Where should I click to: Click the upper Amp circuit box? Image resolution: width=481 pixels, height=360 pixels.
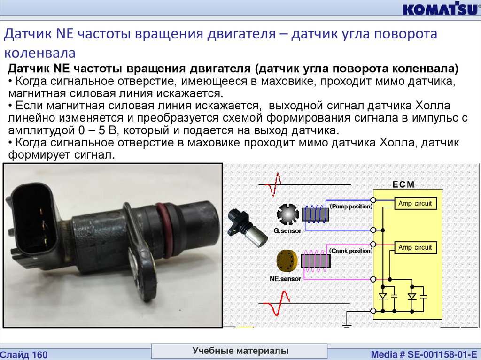pos(415,204)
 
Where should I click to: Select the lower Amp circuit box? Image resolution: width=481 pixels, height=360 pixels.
pos(415,247)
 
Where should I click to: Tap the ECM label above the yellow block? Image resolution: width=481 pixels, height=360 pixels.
pos(403,184)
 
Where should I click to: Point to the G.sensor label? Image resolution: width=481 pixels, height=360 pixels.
pos(287,230)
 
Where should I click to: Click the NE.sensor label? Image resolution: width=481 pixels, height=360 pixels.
pos(285,279)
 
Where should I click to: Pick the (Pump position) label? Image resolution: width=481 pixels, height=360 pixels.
pos(351,207)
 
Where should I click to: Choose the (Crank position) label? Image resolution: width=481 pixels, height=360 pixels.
pos(351,251)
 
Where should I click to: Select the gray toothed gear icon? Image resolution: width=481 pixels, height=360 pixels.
pos(287,214)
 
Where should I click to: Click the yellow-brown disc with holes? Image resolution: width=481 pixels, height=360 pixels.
pos(287,260)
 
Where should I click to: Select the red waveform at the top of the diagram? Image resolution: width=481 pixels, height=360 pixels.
pos(273,184)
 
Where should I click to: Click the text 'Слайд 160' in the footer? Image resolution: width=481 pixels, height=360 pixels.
pos(24,355)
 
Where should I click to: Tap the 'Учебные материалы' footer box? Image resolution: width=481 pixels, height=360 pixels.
pos(240,351)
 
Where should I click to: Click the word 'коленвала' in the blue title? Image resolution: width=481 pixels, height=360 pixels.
pos(40,53)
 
